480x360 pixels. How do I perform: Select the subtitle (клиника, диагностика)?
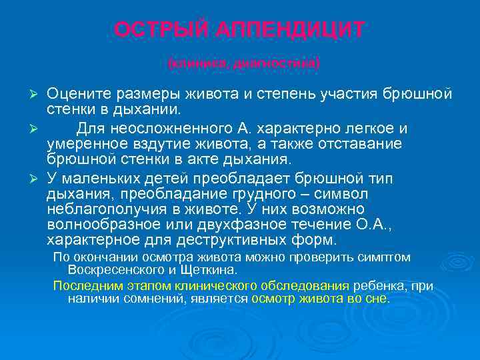(244, 64)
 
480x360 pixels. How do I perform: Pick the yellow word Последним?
(83, 285)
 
